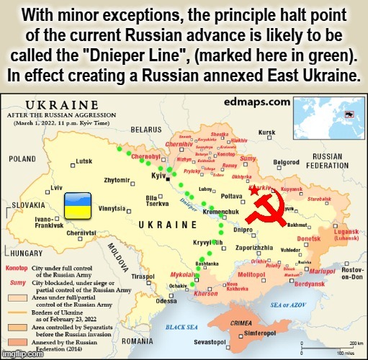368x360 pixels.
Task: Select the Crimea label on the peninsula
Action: point(260,323)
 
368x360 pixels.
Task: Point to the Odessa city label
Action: point(166,301)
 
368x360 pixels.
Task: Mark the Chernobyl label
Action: point(145,156)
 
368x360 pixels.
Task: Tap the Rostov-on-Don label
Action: point(352,273)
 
